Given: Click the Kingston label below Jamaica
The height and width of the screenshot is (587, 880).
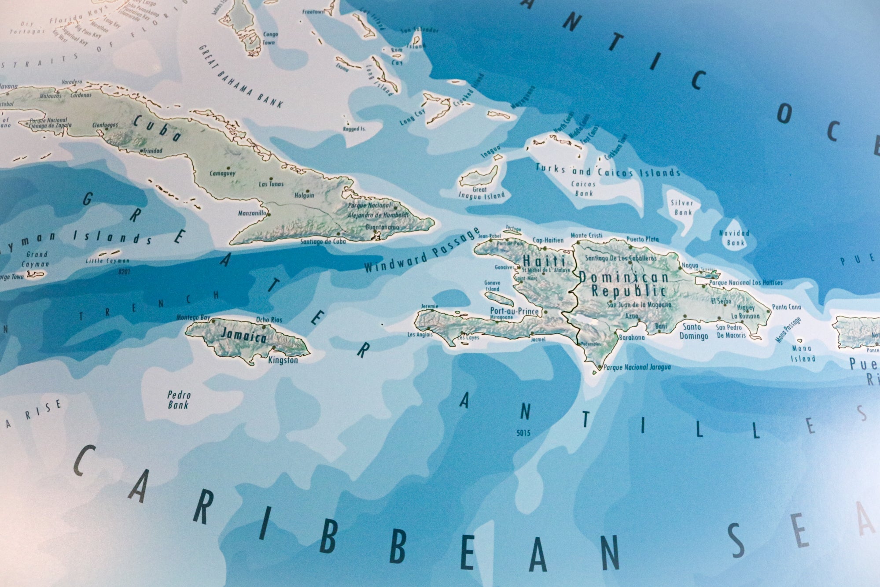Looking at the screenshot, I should tap(283, 360).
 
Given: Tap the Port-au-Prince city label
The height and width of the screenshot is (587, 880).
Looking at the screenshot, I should tap(514, 311).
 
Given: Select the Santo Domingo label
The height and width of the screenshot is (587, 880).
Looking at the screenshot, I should tap(693, 332).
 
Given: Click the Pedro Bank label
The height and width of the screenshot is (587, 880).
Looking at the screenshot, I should tap(178, 400).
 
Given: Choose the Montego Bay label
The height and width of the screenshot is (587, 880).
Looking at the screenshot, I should tap(193, 317).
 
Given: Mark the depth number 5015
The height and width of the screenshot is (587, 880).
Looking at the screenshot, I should tap(523, 433).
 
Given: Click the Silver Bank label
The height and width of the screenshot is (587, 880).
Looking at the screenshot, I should tap(682, 207).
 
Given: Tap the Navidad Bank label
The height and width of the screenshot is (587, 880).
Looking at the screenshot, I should tap(734, 238).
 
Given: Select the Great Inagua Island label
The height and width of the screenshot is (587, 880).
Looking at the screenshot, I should tap(481, 193).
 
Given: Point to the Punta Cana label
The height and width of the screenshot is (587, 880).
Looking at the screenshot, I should tap(786, 307).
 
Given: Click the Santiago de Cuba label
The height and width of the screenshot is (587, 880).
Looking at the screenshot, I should tap(323, 241).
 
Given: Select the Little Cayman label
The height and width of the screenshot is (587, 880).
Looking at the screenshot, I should tap(107, 261).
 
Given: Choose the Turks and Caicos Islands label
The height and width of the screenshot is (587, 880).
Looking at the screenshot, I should tap(608, 171).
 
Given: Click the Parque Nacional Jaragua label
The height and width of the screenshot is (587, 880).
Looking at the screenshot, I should tap(637, 367).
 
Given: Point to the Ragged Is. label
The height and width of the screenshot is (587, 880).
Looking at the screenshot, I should tap(354, 129).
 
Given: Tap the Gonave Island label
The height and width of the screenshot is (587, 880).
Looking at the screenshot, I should tap(492, 286).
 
